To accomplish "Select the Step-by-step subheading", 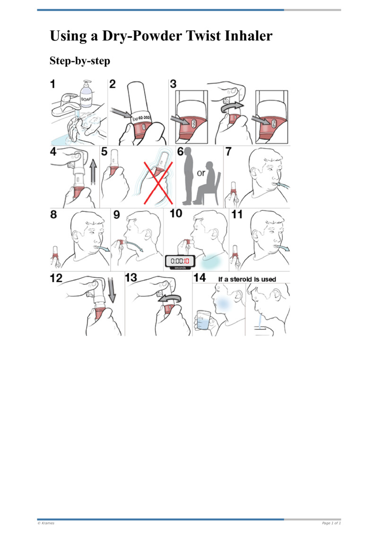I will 80,61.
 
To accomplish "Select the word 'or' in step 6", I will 201,173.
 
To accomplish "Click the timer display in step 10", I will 180,261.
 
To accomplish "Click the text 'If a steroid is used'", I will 247,279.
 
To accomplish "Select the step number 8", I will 54,215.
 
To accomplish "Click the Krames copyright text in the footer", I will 46,523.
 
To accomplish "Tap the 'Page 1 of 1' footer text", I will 331,523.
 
